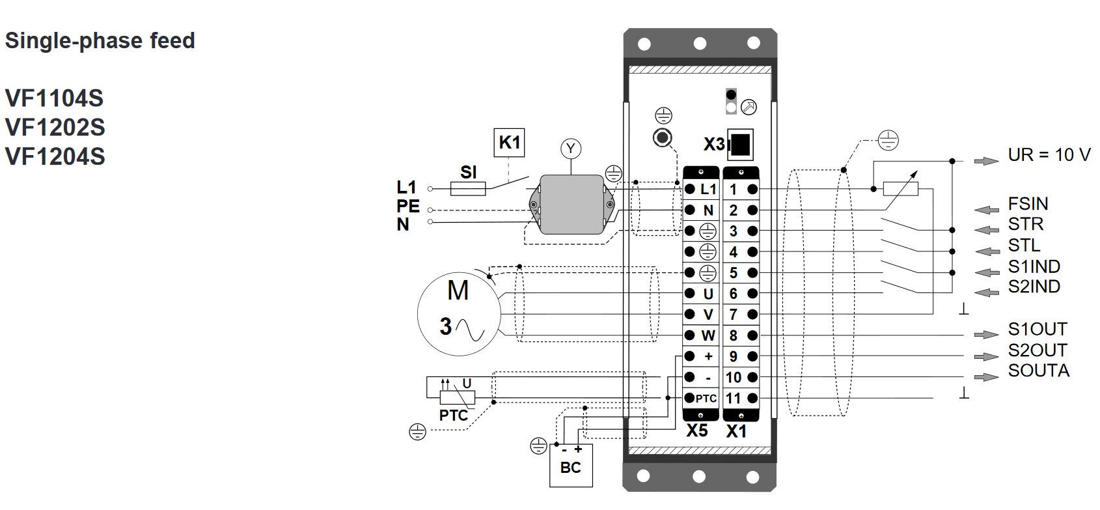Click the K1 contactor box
(509, 142)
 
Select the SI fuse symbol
(468, 189)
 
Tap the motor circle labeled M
(459, 315)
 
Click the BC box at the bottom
(571, 465)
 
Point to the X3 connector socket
(741, 144)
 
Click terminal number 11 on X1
(734, 398)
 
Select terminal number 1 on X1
(734, 190)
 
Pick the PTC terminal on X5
(706, 398)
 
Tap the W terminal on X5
(708, 335)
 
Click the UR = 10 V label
(1049, 155)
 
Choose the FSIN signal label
(1028, 204)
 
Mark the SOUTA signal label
(1039, 371)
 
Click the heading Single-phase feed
(100, 40)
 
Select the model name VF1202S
(55, 128)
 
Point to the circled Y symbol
(571, 149)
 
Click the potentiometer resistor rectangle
(900, 190)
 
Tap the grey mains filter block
(571, 204)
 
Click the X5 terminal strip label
(697, 431)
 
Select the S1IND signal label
(1034, 266)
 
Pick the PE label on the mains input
(408, 206)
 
